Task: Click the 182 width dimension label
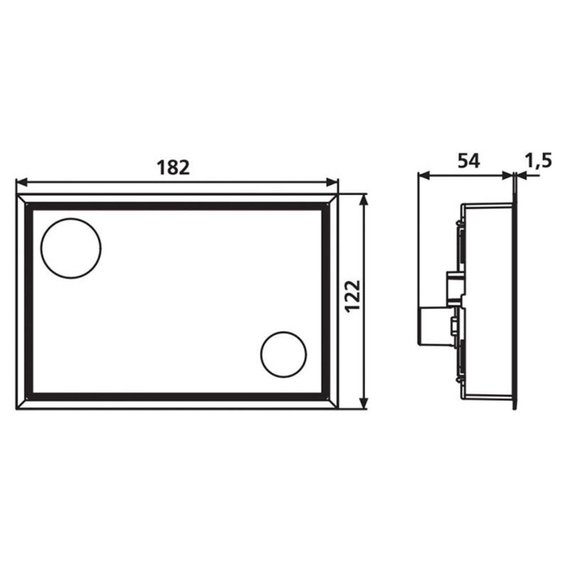(x=173, y=168)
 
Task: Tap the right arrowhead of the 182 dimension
(x=332, y=182)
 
